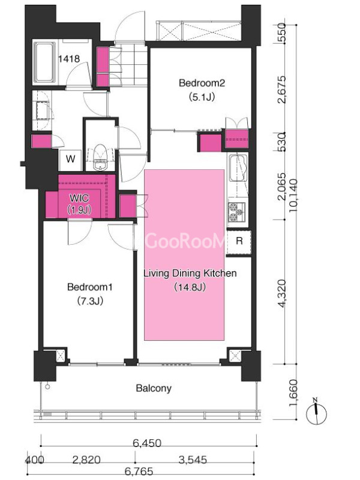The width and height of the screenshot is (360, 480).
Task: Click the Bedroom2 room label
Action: [x=202, y=83]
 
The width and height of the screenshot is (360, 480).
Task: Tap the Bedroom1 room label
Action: [x=89, y=287]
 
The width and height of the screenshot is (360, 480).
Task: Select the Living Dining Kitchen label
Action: [x=190, y=273]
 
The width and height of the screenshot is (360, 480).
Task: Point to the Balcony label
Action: [x=154, y=388]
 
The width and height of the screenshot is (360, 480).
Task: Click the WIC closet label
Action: [x=79, y=198]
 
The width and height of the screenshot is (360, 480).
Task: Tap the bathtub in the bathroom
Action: [x=44, y=62]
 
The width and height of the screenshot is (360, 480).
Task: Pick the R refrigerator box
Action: [x=239, y=242]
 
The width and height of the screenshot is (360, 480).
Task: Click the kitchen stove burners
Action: [x=236, y=212]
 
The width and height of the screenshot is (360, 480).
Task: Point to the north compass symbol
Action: [x=317, y=413]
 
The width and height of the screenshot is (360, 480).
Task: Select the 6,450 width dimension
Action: [x=147, y=443]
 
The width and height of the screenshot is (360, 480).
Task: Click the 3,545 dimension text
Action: [x=192, y=460]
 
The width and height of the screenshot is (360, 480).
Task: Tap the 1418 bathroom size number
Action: [x=69, y=58]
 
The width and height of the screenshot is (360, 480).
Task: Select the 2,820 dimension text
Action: [x=86, y=460]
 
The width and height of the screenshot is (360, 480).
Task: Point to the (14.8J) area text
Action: [x=190, y=287]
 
